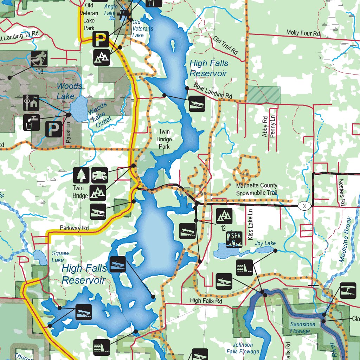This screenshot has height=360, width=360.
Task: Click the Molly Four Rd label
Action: (x=303, y=33)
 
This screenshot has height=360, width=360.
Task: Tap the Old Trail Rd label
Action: (x=225, y=45)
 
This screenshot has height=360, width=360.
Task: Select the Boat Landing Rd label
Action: (x=213, y=91)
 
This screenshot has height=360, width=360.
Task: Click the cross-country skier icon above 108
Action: (x=39, y=59)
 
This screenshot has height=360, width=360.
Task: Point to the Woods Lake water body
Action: (x=79, y=109)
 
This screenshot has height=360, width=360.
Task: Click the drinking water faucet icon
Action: (x=32, y=122)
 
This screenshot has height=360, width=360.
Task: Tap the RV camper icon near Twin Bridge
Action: (x=99, y=175)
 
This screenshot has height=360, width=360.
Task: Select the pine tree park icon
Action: (x=81, y=175)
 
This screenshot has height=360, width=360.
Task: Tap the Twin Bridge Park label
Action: (x=164, y=139)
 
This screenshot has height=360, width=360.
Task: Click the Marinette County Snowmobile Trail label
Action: (x=257, y=189)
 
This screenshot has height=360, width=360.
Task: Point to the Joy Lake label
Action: (x=265, y=243)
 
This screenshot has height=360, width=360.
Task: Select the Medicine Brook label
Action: (x=345, y=239)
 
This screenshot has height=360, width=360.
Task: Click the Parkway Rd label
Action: (x=74, y=228)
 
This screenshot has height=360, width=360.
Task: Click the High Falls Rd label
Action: (x=206, y=301)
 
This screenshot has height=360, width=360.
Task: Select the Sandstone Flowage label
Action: (x=300, y=327)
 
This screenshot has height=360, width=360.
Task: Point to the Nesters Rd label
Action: (x=341, y=193)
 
